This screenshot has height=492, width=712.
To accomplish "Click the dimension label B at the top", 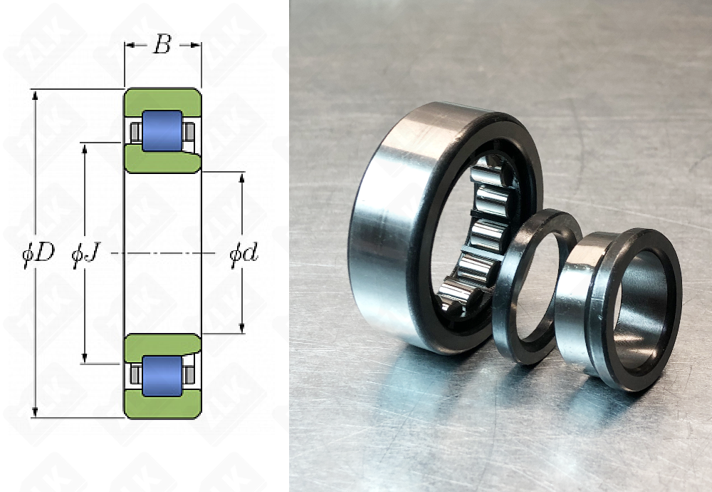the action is (x=162, y=44).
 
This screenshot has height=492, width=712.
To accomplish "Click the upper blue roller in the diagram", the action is (x=162, y=130).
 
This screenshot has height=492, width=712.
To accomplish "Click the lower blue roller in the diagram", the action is (x=162, y=376).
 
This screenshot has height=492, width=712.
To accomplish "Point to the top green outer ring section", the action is (x=163, y=102).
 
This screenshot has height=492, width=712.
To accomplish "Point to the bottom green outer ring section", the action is (x=163, y=404).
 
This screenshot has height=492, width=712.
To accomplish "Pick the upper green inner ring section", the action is (x=162, y=160).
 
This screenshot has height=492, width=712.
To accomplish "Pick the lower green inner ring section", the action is (x=162, y=347).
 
